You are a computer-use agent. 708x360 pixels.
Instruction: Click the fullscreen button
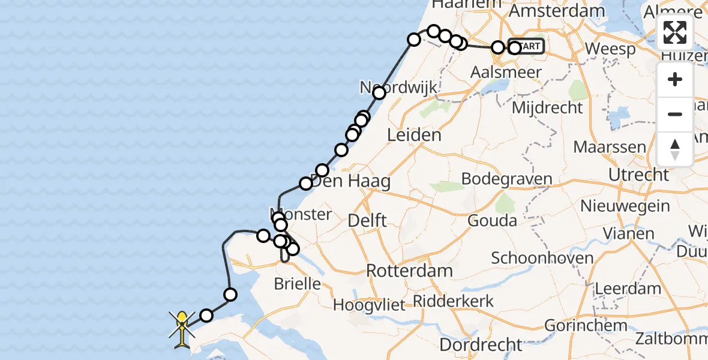(675, 32)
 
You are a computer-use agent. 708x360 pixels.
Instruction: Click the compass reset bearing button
(675, 149)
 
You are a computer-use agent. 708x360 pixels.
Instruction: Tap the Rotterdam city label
(409, 271)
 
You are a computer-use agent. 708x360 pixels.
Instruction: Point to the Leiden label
(414, 135)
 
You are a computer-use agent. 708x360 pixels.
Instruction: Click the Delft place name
(367, 220)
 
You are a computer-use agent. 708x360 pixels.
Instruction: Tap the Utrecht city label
(638, 175)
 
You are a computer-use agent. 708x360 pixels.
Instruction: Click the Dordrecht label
(481, 345)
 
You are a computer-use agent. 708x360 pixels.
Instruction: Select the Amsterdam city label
(557, 11)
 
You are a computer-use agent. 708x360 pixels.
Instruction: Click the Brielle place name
(297, 284)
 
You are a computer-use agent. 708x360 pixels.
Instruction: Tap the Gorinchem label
(586, 326)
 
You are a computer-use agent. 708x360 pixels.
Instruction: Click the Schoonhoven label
(542, 259)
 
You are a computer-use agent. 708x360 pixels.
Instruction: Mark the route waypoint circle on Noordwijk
(379, 93)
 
